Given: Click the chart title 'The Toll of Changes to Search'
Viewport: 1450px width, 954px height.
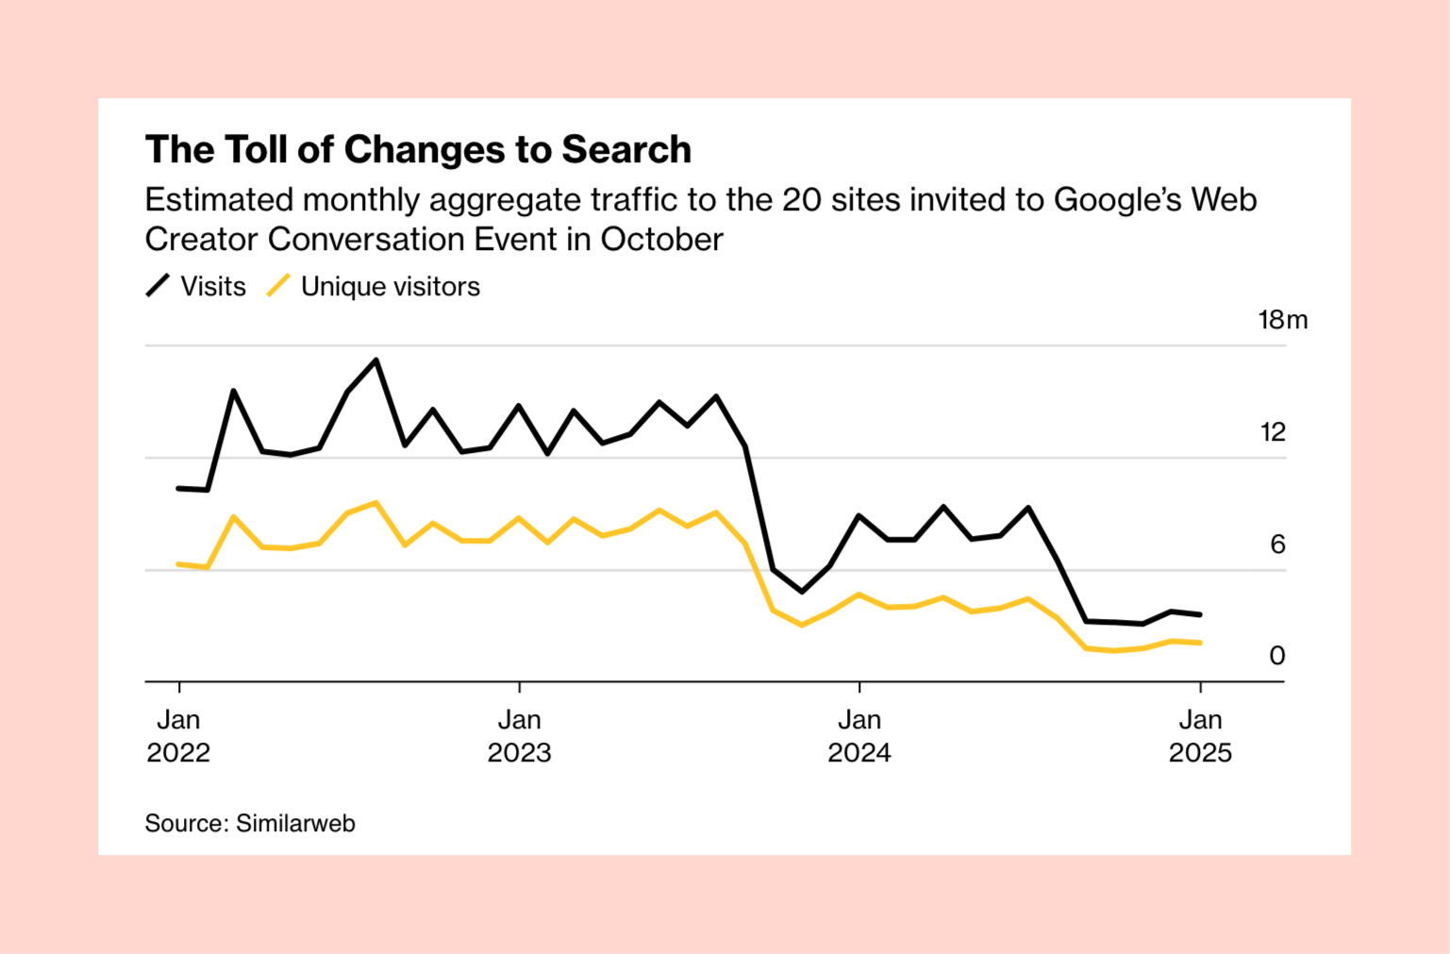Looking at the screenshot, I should (x=418, y=150).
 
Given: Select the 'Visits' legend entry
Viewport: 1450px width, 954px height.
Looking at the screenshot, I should (x=213, y=287).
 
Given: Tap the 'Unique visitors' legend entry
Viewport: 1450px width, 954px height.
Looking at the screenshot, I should (x=390, y=287).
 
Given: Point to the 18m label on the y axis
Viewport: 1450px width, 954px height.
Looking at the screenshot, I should (x=1283, y=320).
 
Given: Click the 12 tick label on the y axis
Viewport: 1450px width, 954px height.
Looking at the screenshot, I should (x=1273, y=432).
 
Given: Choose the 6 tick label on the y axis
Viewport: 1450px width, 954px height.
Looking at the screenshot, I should (x=1277, y=544).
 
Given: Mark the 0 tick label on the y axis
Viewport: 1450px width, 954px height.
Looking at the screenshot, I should (x=1277, y=656).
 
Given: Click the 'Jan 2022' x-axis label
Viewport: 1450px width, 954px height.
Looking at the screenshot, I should (x=178, y=736).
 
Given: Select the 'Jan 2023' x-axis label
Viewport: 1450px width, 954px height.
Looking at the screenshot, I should (x=519, y=736).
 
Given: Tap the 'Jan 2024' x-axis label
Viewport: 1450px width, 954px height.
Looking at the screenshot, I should (x=859, y=736).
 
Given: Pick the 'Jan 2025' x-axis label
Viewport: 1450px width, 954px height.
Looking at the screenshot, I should (x=1200, y=736).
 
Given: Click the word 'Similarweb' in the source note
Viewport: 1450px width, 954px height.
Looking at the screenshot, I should (x=295, y=824).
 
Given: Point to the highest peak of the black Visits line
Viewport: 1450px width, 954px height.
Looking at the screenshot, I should (x=376, y=360).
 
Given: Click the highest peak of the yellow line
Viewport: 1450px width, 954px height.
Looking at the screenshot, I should (x=376, y=503).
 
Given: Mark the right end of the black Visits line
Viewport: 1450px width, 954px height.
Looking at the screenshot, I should (x=1200, y=615).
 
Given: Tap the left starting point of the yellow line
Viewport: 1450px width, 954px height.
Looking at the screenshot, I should (x=178, y=564).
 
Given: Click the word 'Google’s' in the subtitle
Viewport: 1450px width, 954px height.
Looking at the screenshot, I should (x=1117, y=200).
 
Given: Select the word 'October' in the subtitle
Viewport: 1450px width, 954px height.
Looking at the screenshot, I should (x=661, y=240).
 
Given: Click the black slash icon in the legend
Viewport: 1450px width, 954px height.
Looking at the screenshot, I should (x=158, y=286).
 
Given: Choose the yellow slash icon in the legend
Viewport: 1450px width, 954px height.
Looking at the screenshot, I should (x=278, y=286).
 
